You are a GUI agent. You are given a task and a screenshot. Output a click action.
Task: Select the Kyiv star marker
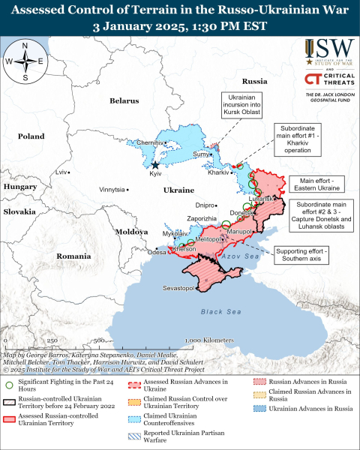pyautogui.click(x=155, y=165)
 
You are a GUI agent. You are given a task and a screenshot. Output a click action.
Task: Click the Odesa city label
pyautogui.click(x=157, y=253)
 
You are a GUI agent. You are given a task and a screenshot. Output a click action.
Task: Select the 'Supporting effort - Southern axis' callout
pyautogui.click(x=299, y=255)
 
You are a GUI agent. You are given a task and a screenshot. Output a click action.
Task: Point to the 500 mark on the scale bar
pyautogui.click(x=99, y=340)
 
